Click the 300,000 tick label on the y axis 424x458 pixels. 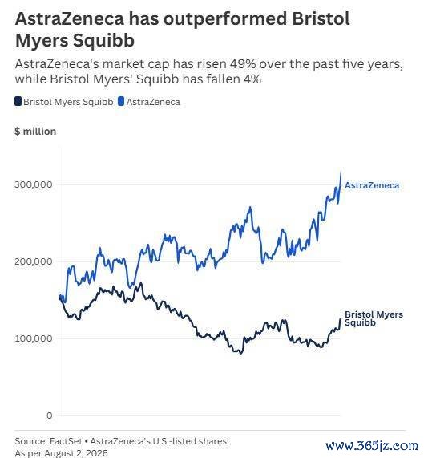[34, 184]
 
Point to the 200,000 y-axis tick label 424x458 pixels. [34, 261]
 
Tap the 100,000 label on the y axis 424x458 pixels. [34, 338]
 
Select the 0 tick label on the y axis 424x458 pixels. [50, 415]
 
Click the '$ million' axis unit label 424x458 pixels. [35, 132]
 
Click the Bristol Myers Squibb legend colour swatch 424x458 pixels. [18, 102]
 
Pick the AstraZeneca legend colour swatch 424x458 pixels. [121, 102]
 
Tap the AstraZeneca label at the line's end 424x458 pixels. [372, 185]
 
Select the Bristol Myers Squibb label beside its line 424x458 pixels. [374, 318]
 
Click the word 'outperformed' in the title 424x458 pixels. [225, 18]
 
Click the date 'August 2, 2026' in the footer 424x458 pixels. [76, 453]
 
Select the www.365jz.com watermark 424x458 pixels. [372, 446]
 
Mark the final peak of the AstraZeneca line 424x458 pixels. [341, 169]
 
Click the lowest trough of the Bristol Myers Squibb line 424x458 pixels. [240, 354]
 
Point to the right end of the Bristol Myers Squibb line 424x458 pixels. [341, 318]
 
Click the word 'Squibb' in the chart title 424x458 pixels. [103, 41]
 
